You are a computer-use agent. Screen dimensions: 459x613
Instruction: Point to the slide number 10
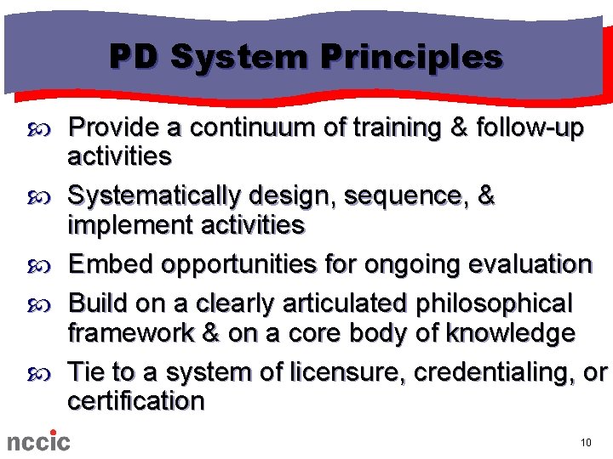[x=585, y=443]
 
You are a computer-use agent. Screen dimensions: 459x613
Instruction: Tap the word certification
[x=136, y=401]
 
